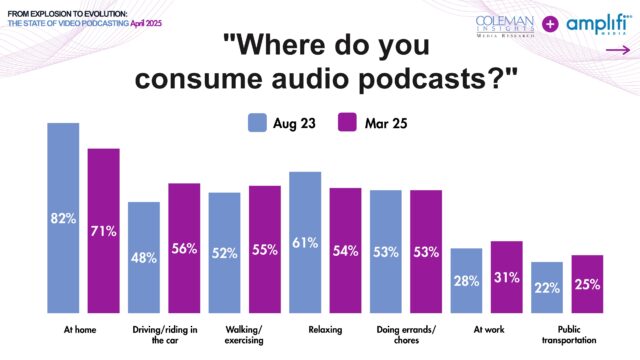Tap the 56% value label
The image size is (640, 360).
click(x=184, y=250)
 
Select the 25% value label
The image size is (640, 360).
click(x=588, y=284)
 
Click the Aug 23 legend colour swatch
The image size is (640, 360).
click(x=256, y=123)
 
